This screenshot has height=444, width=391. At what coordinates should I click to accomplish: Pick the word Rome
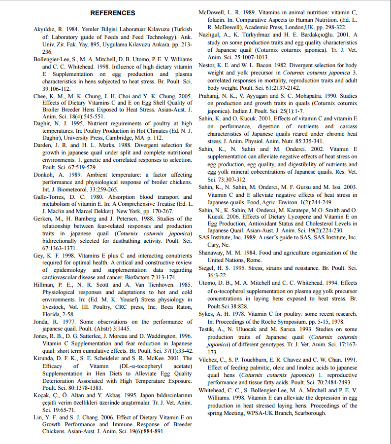[255, 260]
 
